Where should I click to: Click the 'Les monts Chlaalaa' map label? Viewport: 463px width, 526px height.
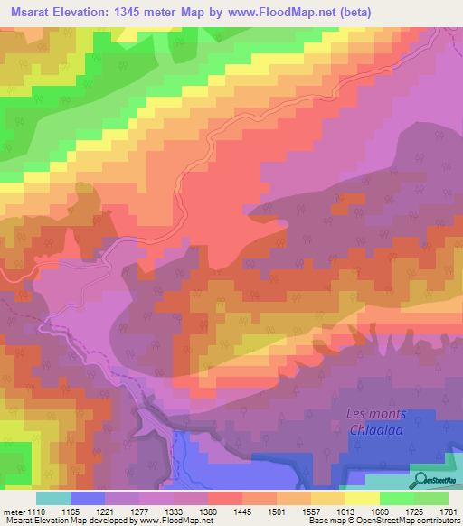[376, 421]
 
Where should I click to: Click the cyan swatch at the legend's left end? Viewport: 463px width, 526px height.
[53, 498]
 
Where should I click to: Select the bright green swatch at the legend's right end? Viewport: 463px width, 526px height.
[431, 498]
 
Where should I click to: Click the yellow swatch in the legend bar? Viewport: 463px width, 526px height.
[363, 498]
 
